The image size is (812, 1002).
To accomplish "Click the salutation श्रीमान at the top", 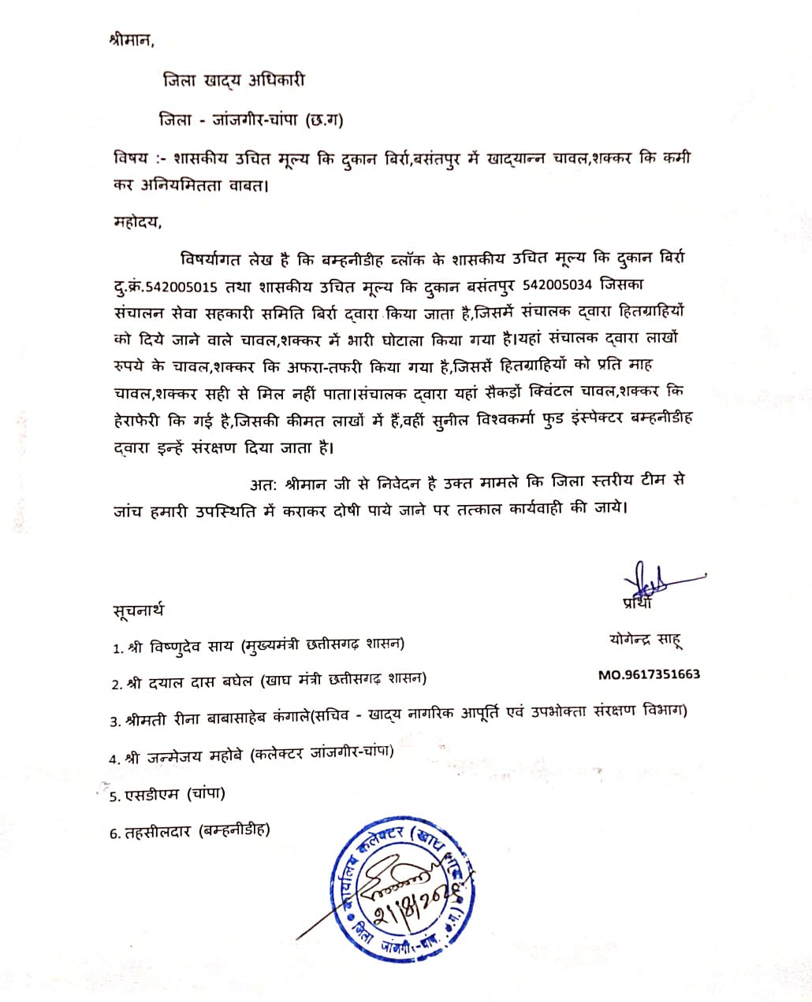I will click(131, 40).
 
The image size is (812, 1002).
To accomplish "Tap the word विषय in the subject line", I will click(129, 158).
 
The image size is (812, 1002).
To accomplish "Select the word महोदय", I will click(136, 221).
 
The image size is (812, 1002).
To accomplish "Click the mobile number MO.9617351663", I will click(649, 674).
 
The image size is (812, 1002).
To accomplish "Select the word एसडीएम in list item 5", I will click(153, 795).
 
